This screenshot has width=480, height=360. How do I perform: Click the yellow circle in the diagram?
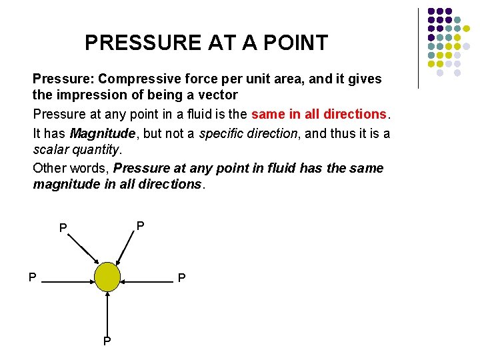(x=107, y=277)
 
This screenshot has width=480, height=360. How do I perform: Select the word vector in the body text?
(x=217, y=95)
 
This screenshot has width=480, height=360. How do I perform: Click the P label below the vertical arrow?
(x=107, y=342)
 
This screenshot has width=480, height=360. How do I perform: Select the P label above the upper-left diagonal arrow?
(x=63, y=229)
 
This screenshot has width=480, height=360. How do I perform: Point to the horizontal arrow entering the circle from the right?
(x=148, y=283)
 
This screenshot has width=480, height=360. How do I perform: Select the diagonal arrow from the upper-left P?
(x=85, y=251)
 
